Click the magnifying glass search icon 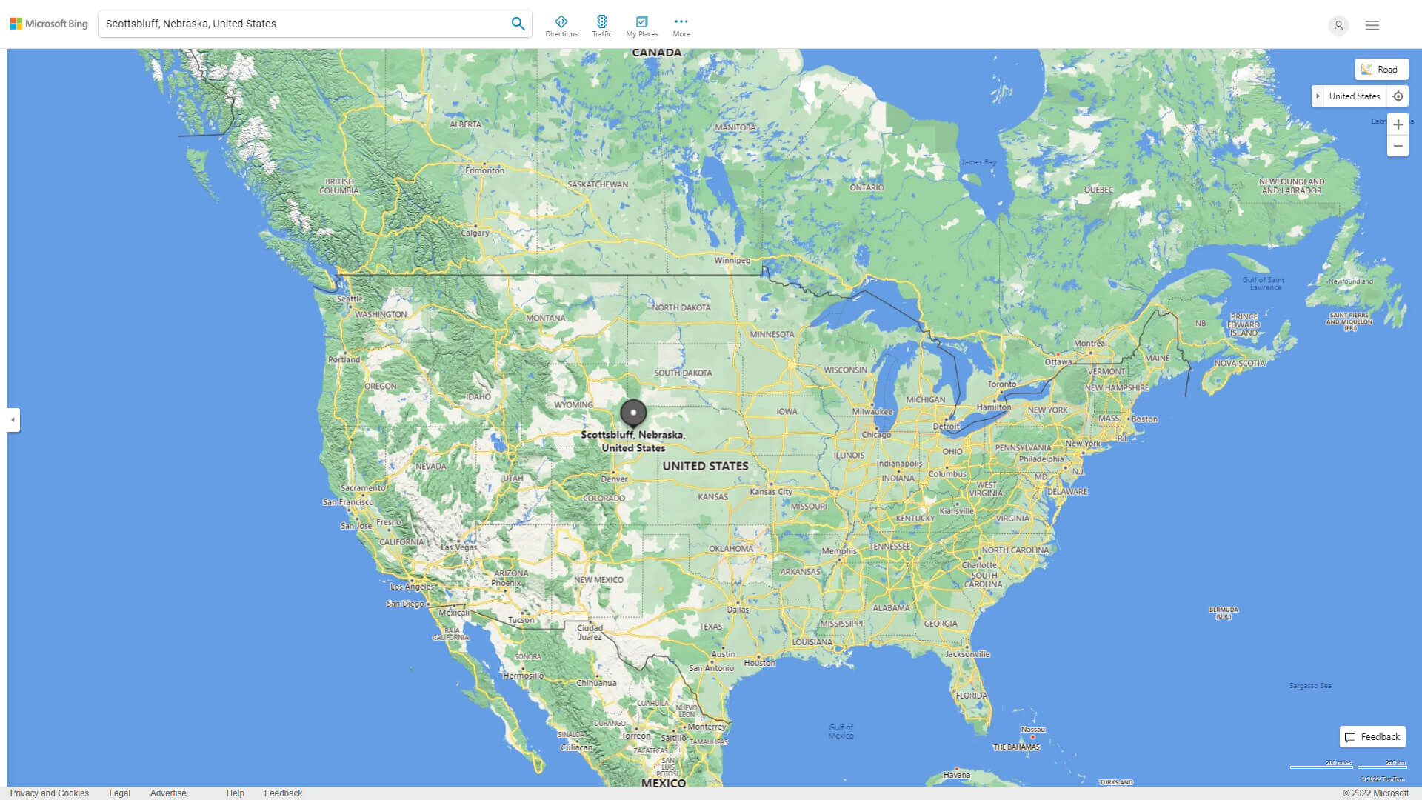point(518,24)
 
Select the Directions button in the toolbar point(561,26)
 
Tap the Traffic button point(602,26)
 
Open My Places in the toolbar point(641,26)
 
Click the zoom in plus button point(1398,124)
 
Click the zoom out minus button point(1398,146)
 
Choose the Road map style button point(1381,70)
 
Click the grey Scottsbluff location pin point(633,413)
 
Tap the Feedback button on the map point(1372,737)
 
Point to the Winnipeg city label point(732,260)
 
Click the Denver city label point(614,479)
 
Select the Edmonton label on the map point(484,170)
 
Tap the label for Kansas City point(771,491)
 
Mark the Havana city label point(956,775)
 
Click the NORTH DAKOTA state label point(681,307)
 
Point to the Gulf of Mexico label point(841,731)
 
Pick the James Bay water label point(978,162)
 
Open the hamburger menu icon point(1372,25)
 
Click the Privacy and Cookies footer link point(50,793)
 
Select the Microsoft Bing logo point(49,24)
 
